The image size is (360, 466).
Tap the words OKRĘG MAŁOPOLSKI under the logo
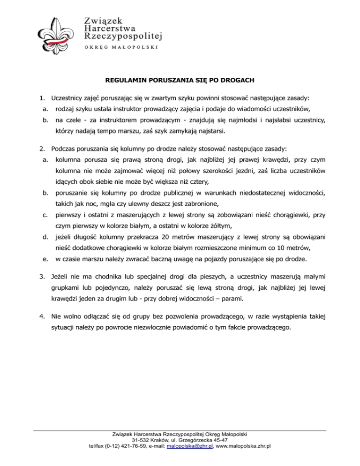click(x=120, y=47)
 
